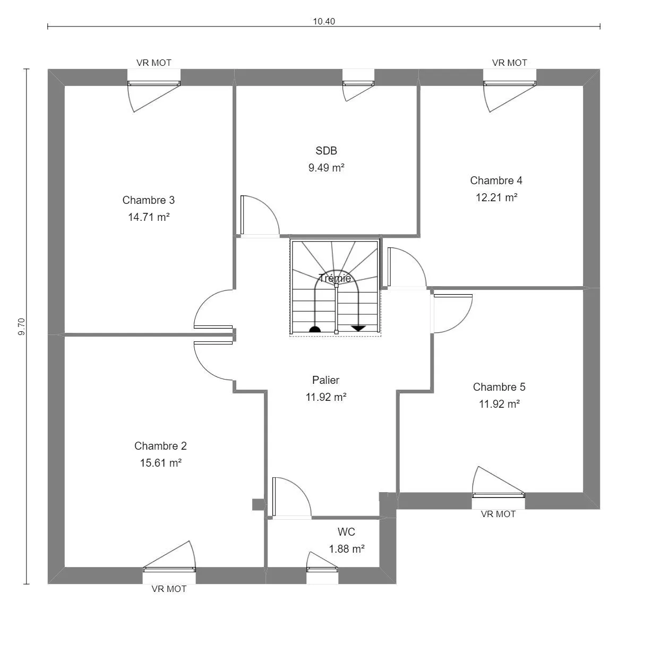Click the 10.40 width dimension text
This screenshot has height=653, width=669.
324,21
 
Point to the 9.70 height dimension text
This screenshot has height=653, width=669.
21,326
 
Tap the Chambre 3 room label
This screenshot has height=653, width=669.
149,200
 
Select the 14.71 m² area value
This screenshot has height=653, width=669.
149,217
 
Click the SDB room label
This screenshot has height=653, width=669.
326,151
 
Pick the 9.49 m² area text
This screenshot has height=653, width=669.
326,168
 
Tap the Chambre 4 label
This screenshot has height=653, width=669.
496,181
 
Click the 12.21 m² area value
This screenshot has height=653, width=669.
496,197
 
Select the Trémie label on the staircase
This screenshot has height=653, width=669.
335,278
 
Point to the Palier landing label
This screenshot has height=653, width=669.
325,380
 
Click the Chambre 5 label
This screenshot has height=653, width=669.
499,387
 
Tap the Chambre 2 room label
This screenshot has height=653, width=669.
160,446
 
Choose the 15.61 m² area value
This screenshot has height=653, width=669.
160,463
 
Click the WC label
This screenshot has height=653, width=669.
346,532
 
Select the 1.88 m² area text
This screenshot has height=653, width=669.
347,549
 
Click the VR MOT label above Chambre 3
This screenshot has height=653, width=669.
153,63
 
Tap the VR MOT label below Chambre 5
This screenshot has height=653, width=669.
498,514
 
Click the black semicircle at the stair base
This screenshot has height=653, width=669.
315,329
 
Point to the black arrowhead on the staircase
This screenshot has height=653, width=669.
358,329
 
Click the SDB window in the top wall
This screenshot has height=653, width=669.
358,83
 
